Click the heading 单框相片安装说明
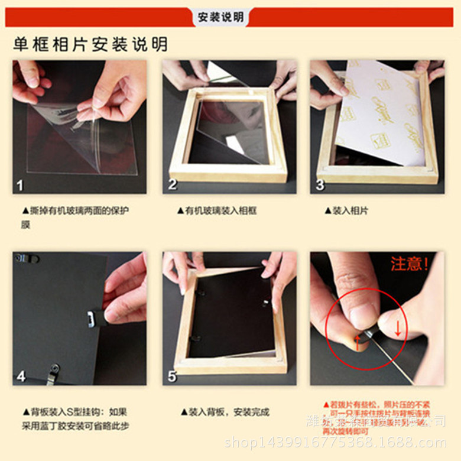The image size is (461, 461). [90, 44]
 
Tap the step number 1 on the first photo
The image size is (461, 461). [20, 185]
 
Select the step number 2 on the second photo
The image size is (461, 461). [172, 184]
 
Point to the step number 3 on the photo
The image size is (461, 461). [320, 184]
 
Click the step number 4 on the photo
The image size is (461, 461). [21, 376]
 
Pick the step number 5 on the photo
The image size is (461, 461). [172, 376]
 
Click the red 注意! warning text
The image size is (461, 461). [410, 264]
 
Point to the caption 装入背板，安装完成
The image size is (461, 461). [225, 412]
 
